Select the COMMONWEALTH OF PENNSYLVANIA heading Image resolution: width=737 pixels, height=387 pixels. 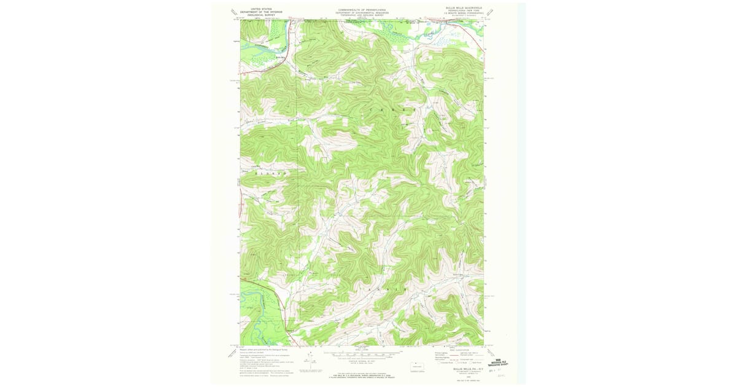point(361,9)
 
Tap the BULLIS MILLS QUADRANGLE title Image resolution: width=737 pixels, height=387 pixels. point(464,8)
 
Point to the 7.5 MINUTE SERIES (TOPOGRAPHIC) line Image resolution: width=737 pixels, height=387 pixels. point(464,14)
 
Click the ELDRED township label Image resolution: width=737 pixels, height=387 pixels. point(271,174)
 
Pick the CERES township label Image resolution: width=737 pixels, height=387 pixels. point(393,109)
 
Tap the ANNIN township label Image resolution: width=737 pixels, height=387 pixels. point(387,288)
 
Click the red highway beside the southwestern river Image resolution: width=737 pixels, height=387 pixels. point(280,301)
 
